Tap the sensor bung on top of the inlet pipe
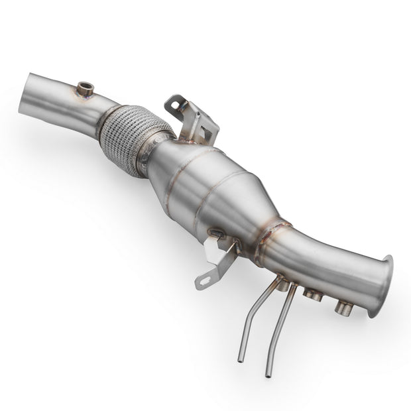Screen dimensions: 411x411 pos(84,89)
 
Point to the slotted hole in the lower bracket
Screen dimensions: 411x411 pos(204,280)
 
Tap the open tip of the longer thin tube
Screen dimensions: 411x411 pos(268,375)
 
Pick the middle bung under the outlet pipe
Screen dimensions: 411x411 pos(312,293)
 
